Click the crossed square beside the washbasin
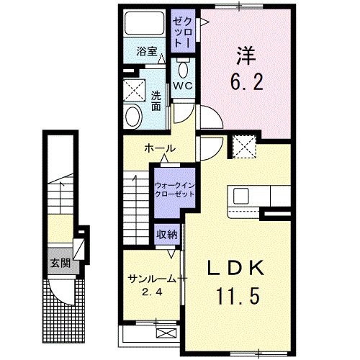[x=134, y=91]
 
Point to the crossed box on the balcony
[x=166, y=333]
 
